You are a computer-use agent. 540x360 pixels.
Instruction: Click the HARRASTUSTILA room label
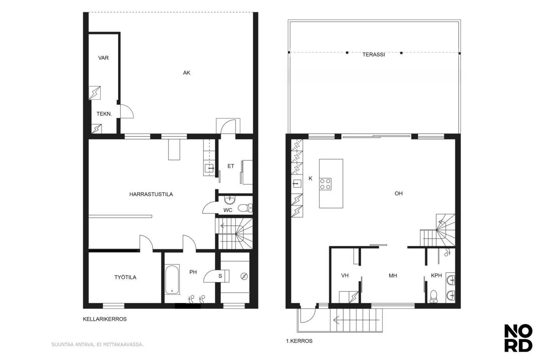pos(151,194)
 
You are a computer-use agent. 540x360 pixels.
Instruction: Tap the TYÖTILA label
pos(125,277)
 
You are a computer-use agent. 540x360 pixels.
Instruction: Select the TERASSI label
pos(374,55)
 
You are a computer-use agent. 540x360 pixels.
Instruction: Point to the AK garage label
pos(187,73)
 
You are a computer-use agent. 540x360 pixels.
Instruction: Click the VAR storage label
pos(103,58)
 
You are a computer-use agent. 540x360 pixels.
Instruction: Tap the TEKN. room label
pos(104,114)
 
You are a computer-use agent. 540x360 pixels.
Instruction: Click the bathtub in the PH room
pos(172,279)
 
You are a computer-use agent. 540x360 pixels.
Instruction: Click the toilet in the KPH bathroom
pos(433,296)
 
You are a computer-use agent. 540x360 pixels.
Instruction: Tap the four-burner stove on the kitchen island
pos(325,184)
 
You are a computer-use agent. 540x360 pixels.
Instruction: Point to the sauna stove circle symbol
pos(244,276)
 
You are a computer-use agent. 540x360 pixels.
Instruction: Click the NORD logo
pos(518,338)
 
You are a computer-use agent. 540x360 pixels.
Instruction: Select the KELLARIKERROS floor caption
pos(105,319)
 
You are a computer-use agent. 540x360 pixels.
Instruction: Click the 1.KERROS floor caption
pos(299,341)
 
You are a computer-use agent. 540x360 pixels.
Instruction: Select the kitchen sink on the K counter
pos(297,184)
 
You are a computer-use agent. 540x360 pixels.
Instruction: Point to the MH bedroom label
pos(393,276)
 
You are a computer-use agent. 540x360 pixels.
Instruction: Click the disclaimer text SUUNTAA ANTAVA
pos(97,345)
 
